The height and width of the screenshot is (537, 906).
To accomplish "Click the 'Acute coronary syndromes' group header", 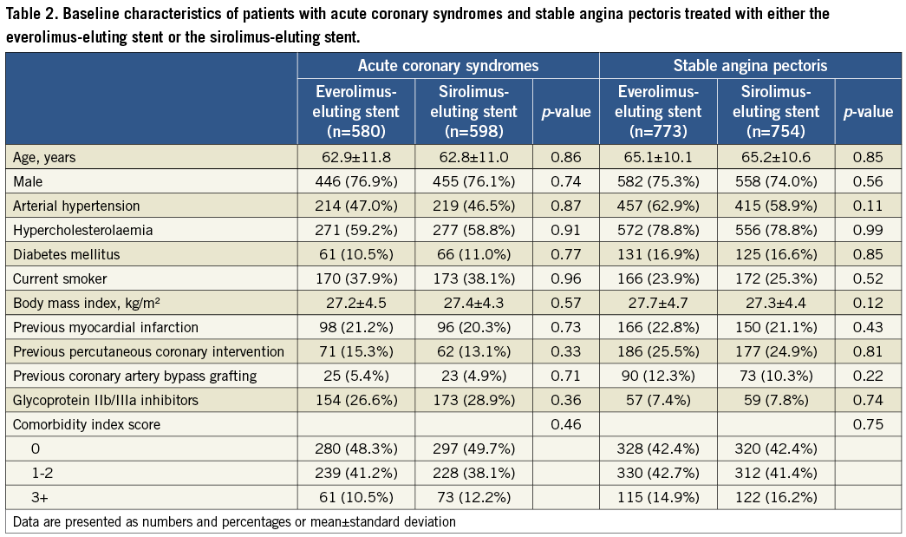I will [x=448, y=66].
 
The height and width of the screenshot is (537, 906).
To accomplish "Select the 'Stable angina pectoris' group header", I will [x=750, y=66].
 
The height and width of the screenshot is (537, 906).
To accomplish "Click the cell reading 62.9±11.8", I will [x=356, y=157].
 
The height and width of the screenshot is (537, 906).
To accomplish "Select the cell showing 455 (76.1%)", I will [x=473, y=181].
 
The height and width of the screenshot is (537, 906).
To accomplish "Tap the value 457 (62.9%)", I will [x=658, y=206].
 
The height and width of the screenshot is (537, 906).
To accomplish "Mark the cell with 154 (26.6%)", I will [x=356, y=400].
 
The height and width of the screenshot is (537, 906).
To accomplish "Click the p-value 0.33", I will [x=565, y=351].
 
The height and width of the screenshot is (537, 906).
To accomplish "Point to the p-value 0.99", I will [x=867, y=230].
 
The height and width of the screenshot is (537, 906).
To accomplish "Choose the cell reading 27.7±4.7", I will [x=658, y=303].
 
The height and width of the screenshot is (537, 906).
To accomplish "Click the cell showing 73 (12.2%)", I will [x=473, y=497].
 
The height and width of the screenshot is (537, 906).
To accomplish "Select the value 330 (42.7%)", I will [x=658, y=473].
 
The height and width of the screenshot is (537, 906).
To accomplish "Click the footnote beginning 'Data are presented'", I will [x=234, y=521].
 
